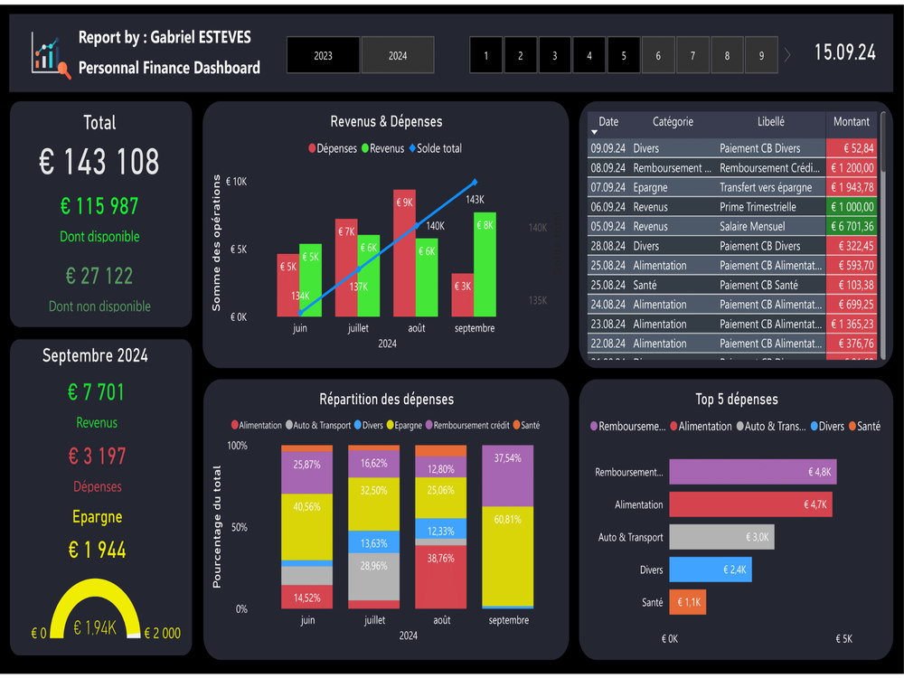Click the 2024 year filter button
(x=398, y=55)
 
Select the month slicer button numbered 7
(x=692, y=55)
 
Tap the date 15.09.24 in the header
(x=844, y=52)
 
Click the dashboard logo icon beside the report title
(x=50, y=56)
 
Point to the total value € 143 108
(x=99, y=162)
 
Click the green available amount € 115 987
(x=99, y=206)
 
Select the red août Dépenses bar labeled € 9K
(x=404, y=253)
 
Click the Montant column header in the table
(x=851, y=122)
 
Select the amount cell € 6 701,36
(x=851, y=226)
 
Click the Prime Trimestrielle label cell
(x=758, y=207)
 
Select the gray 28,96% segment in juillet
(x=374, y=577)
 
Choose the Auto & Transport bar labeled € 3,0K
(x=720, y=537)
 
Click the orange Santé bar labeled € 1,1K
(x=686, y=602)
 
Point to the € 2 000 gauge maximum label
(x=164, y=633)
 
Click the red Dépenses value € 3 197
(x=98, y=457)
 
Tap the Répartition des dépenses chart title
(x=386, y=399)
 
